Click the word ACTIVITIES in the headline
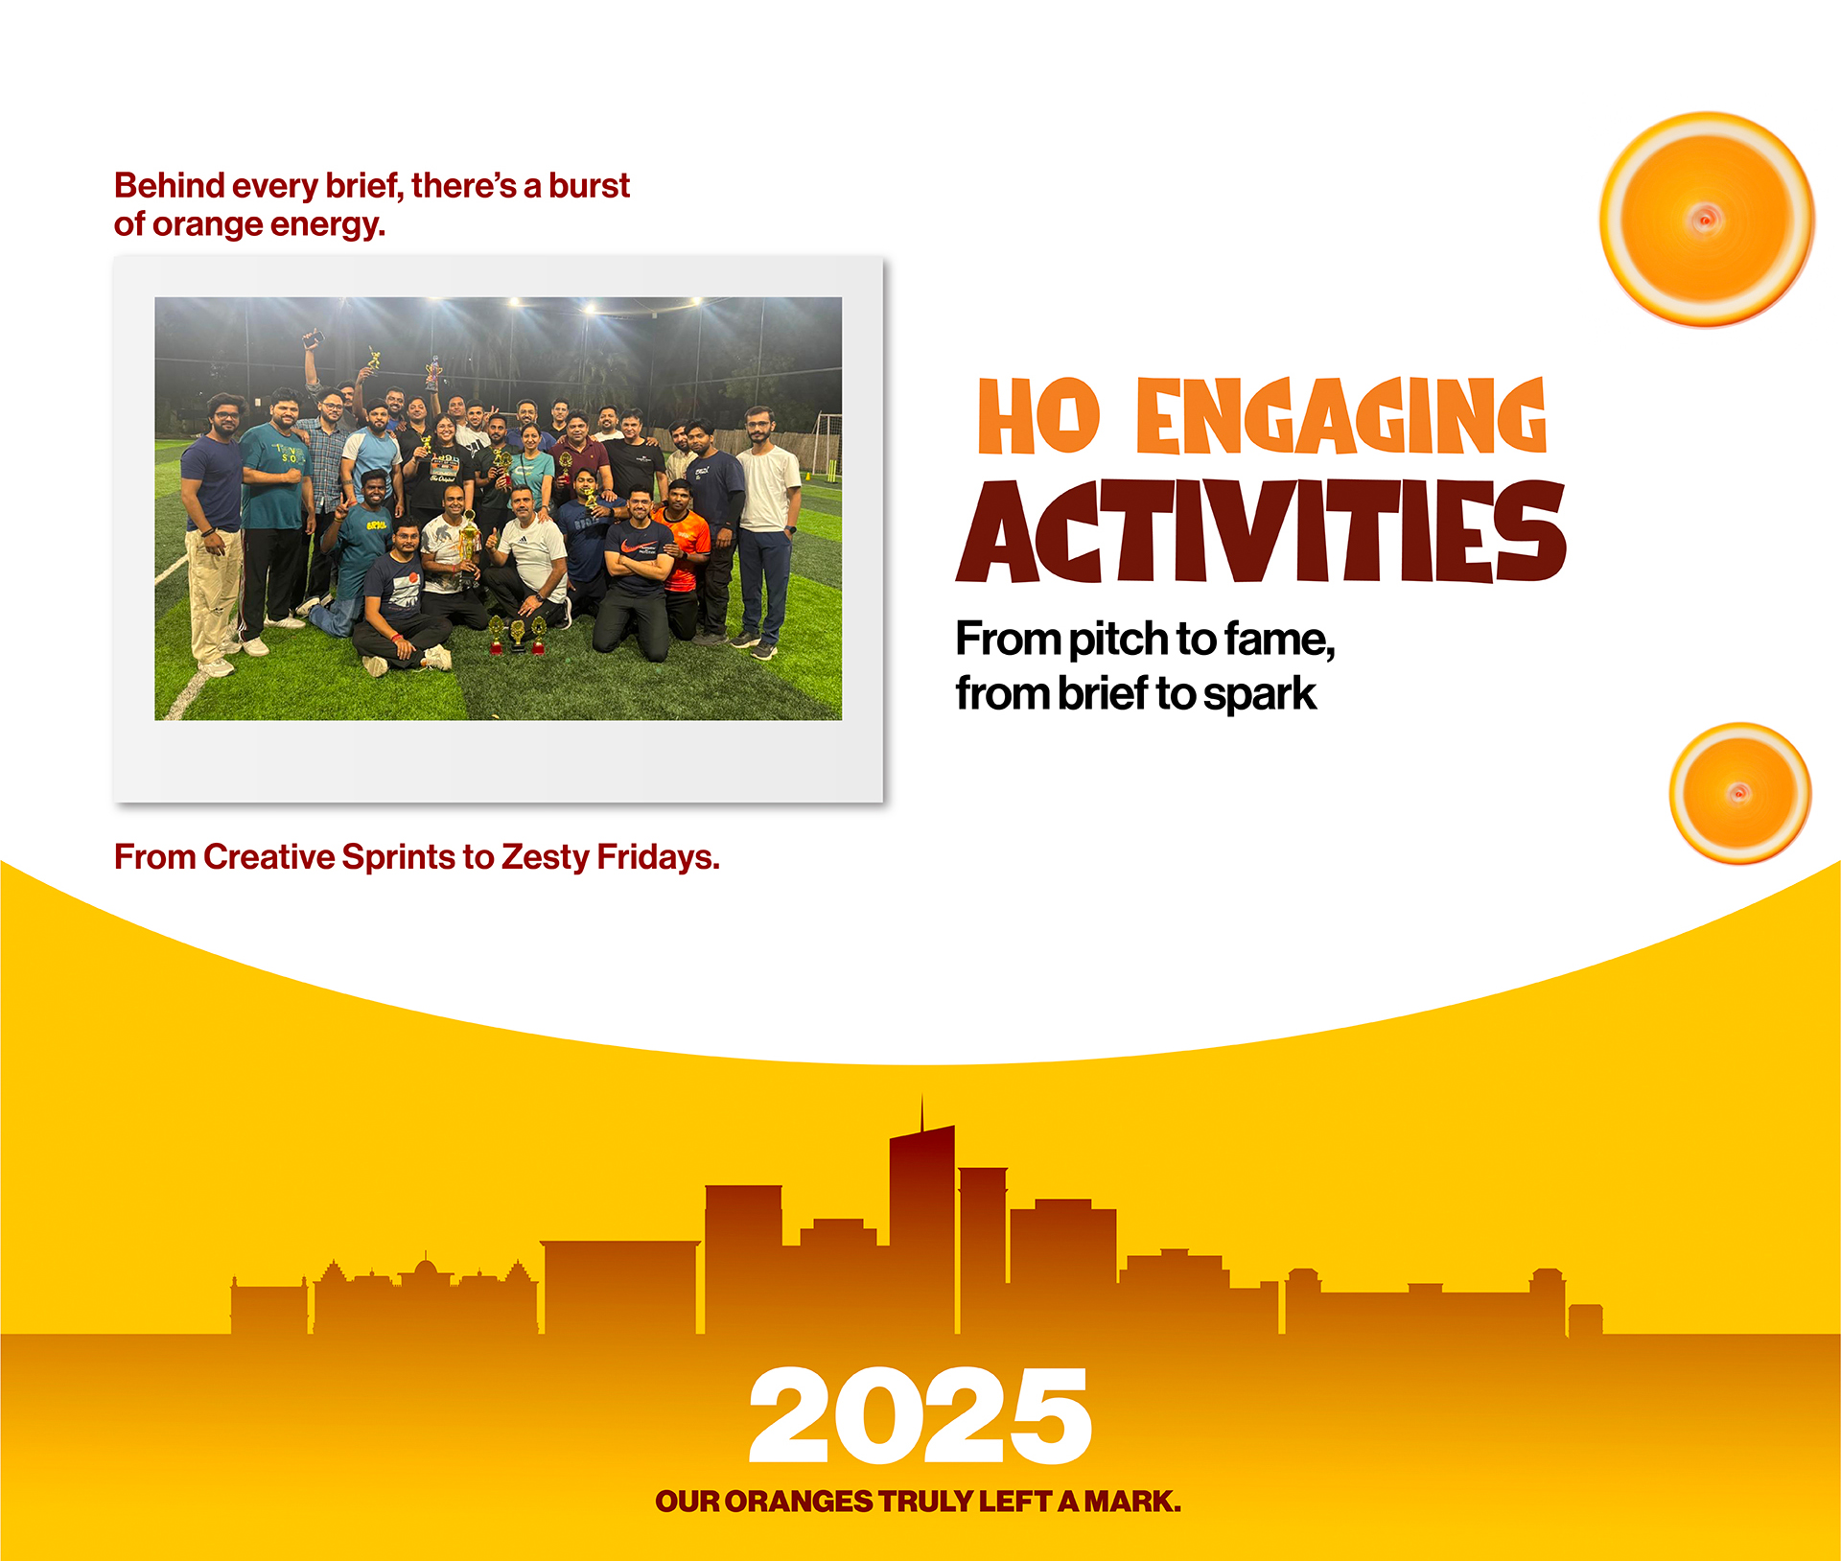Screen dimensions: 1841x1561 [1260, 530]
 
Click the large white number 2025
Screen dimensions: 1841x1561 [920, 1416]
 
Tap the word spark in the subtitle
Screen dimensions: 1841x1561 [1260, 694]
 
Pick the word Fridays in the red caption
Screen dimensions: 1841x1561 [658, 857]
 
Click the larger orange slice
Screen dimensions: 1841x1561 [1707, 220]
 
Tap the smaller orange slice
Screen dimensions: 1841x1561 [1740, 794]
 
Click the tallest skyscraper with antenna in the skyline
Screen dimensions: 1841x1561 [922, 1218]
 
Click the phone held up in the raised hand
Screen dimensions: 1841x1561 [313, 338]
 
